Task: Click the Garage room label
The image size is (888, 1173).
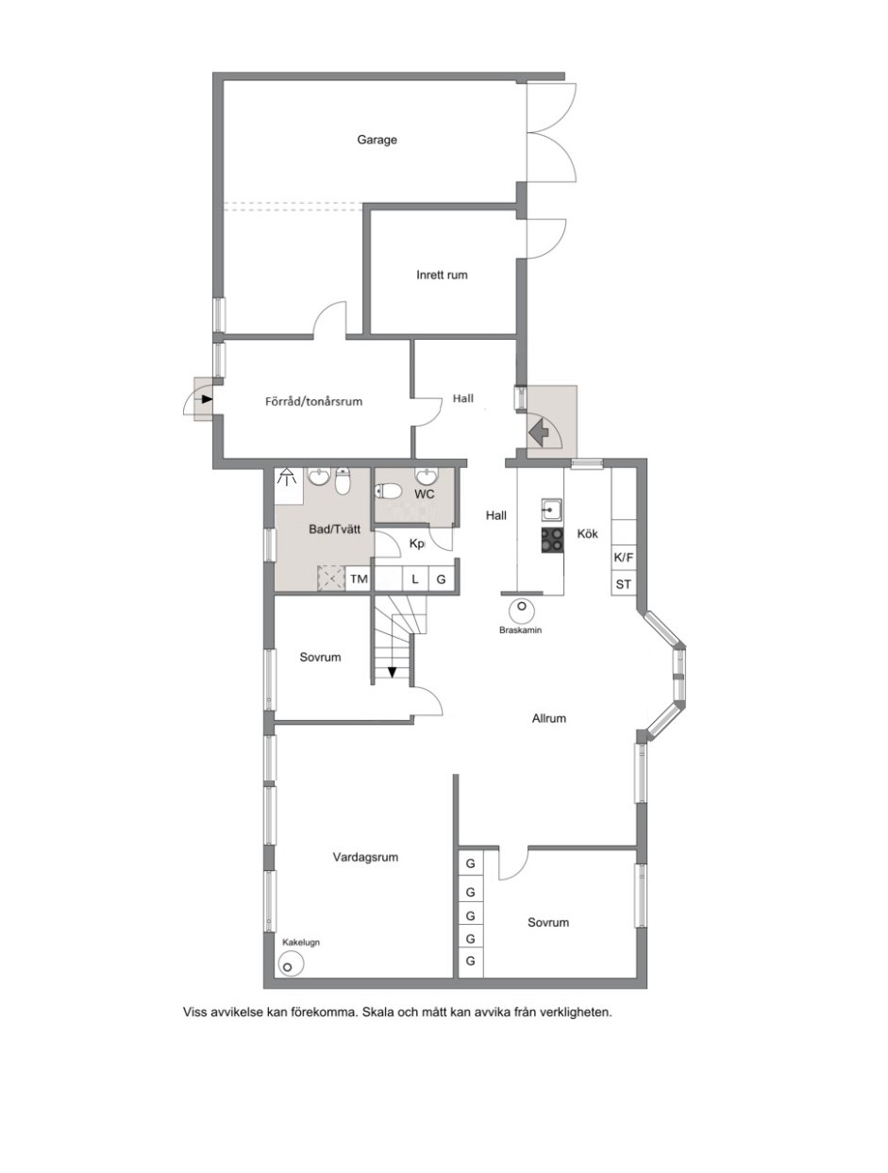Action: pyautogui.click(x=377, y=140)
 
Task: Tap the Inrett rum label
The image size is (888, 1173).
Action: pyautogui.click(x=442, y=275)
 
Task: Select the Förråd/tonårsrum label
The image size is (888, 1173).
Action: pyautogui.click(x=313, y=401)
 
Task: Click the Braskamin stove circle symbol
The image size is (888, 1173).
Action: pyautogui.click(x=521, y=609)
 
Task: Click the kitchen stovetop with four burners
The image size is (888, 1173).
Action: pyautogui.click(x=551, y=540)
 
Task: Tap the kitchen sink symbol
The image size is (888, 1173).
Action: pyautogui.click(x=551, y=510)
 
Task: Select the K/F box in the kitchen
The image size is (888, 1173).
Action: pyautogui.click(x=623, y=558)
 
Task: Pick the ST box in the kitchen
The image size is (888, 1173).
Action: pyautogui.click(x=623, y=583)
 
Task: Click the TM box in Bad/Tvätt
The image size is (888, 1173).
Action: pyautogui.click(x=359, y=578)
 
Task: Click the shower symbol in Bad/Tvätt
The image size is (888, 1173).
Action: pyautogui.click(x=287, y=476)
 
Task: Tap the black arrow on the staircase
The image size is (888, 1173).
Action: pyautogui.click(x=393, y=672)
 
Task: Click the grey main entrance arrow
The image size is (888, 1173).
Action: pyautogui.click(x=540, y=432)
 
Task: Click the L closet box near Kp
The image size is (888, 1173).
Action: pyautogui.click(x=414, y=578)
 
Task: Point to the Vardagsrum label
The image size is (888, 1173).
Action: pyautogui.click(x=365, y=857)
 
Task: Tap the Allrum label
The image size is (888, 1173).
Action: pyautogui.click(x=548, y=718)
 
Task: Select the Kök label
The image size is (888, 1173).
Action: pyautogui.click(x=587, y=533)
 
